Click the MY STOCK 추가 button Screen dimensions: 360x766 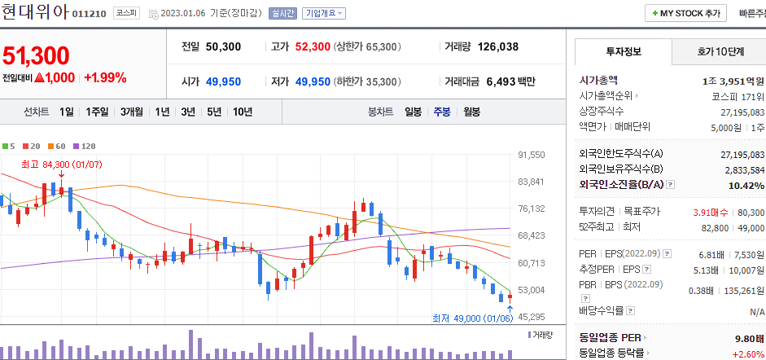click(x=687, y=13)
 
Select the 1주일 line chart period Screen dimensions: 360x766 click(x=98, y=112)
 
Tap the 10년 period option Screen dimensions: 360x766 click(x=242, y=112)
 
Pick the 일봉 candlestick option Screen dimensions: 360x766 click(x=414, y=112)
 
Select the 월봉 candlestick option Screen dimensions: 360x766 click(x=471, y=112)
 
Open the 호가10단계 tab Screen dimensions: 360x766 click(x=720, y=51)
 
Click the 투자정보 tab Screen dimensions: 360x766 click(x=624, y=51)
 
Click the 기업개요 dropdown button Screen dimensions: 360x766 click(x=324, y=14)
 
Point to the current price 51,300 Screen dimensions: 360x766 click(x=36, y=55)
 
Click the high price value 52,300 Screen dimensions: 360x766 click(x=313, y=46)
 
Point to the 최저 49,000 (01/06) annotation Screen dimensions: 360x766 click(x=472, y=318)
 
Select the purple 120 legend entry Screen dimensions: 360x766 click(x=84, y=146)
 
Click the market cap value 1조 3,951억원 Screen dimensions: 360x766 click(x=733, y=81)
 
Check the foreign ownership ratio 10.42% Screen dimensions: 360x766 click(x=744, y=185)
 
